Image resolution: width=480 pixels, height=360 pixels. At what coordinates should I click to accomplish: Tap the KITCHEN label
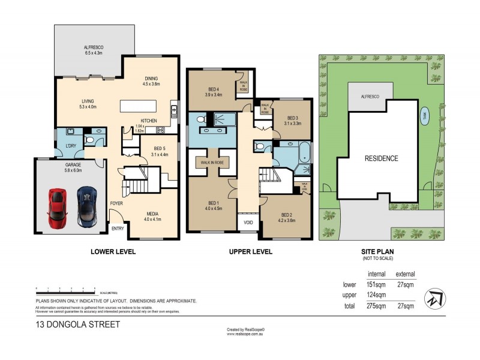pos(149,120)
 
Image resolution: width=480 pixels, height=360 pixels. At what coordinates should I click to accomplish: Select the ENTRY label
pos(118,229)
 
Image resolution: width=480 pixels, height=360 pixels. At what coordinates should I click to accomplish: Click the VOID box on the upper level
pos(248,223)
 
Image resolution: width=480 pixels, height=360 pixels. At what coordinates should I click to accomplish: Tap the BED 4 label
pos(214,91)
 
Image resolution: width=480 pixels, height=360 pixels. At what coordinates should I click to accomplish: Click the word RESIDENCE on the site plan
pos(382,159)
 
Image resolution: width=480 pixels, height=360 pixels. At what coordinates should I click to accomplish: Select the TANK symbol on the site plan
pos(424,116)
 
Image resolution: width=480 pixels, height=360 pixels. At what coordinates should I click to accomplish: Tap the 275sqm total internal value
pos(376,306)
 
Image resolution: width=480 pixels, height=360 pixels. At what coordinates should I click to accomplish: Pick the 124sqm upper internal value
pos(376,295)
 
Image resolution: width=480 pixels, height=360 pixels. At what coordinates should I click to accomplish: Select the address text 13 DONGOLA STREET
pos(77,325)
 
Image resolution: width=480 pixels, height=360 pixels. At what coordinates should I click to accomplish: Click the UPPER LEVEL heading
pos(250,251)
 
